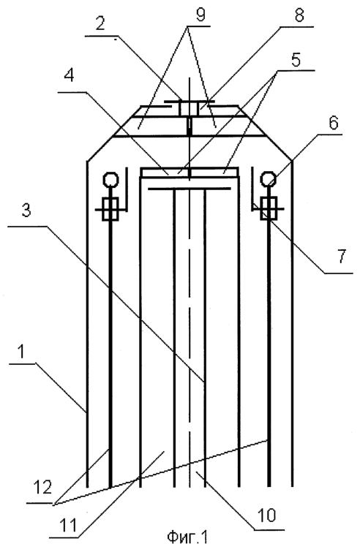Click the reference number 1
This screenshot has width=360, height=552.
coord(23,353)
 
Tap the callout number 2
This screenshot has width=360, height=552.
coord(101,24)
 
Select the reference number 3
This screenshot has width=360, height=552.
coord(26,211)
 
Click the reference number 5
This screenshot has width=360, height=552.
coord(296,60)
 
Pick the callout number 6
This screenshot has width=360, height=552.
coord(333,123)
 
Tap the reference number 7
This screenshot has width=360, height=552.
coord(342,257)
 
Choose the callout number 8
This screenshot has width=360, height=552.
coord(299,16)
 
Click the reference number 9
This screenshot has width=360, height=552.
coord(200,15)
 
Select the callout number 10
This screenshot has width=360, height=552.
coord(266,515)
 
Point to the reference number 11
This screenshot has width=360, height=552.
coord(68,526)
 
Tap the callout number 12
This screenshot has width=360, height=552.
coord(43,487)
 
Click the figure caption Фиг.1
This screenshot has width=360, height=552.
coord(187,537)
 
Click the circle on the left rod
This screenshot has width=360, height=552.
coord(111,181)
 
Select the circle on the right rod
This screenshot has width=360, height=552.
coord(268,179)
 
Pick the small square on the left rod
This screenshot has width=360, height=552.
coord(110,209)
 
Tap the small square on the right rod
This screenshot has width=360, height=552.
coord(269,208)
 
